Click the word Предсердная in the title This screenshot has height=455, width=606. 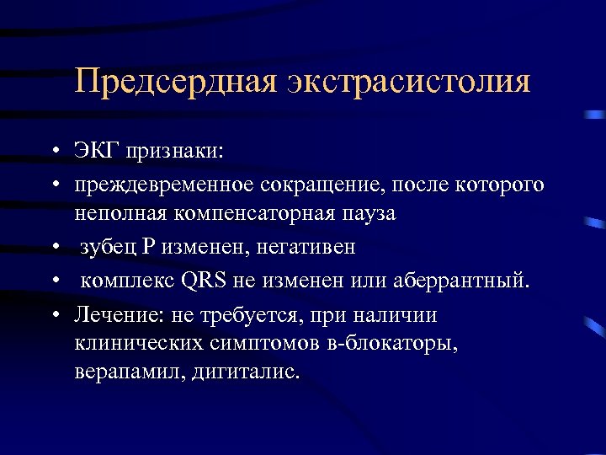175,82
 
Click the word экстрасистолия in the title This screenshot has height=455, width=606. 410,82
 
